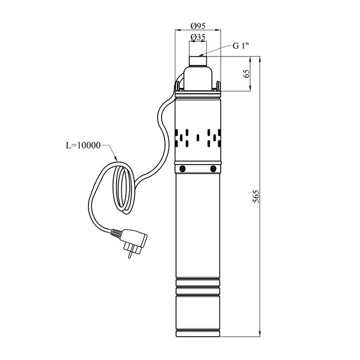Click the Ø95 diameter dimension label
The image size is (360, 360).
tap(198, 26)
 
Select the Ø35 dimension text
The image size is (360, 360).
tap(198, 37)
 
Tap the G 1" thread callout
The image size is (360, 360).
tap(241, 46)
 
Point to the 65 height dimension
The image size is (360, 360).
tap(246, 74)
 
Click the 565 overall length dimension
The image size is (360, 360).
tap(256, 196)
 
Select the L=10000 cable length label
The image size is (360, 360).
tap(83, 145)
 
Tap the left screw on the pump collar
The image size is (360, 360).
tap(182, 169)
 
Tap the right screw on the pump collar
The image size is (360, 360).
tap(213, 169)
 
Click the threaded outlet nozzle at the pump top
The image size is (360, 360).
tap(198, 61)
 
